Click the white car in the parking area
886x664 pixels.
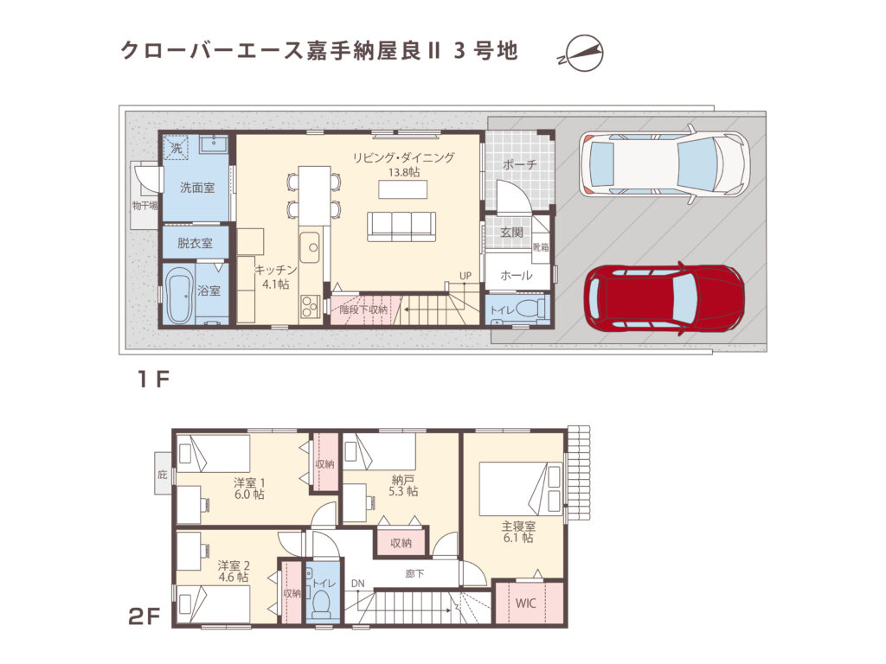click(664, 164)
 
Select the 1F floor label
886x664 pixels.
click(151, 381)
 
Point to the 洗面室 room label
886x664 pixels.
click(196, 187)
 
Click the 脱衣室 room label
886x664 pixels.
click(195, 243)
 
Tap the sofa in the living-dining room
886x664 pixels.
click(401, 226)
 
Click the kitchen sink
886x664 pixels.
click(310, 246)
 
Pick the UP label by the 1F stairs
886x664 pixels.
click(465, 276)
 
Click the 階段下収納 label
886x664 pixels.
click(363, 309)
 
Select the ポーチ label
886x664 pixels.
click(519, 165)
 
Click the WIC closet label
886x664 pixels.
click(526, 603)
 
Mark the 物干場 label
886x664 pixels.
click(144, 206)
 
